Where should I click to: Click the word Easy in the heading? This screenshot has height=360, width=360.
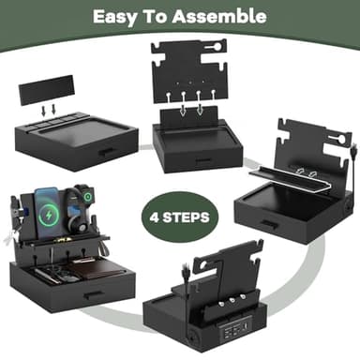tap(114, 17)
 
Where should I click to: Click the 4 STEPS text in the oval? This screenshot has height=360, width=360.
tap(179, 217)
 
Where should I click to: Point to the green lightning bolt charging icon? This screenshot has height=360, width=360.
tap(49, 215)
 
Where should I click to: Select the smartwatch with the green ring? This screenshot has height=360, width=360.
tap(87, 197)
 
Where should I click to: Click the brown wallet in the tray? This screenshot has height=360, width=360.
tap(96, 268)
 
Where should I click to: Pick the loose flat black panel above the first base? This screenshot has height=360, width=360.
tap(46, 89)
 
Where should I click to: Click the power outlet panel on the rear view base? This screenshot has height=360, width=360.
tap(232, 331)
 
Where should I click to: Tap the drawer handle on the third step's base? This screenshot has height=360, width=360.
tap(268, 223)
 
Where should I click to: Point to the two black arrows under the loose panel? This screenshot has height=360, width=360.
tap(49, 110)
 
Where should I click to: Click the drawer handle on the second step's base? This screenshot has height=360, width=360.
tap(202, 160)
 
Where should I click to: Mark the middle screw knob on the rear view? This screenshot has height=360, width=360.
tap(232, 300)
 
